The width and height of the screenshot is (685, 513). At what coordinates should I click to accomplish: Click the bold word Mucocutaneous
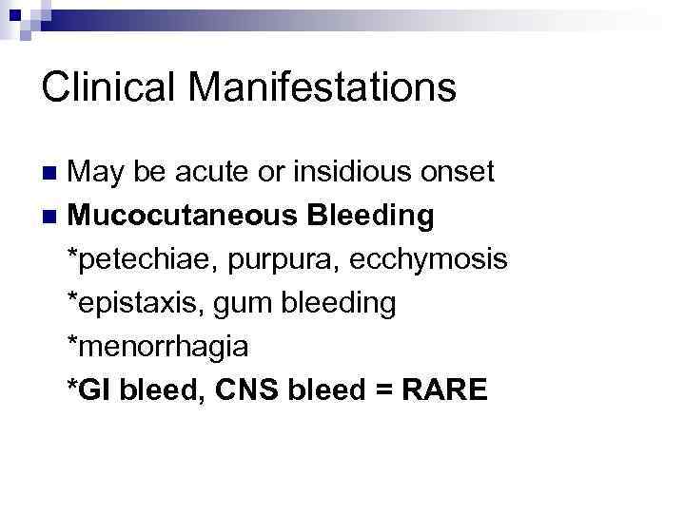[x=183, y=216]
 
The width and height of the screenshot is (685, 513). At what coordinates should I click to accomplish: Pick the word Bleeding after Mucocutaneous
[x=371, y=216]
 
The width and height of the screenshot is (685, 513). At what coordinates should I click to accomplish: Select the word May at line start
[x=96, y=172]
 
